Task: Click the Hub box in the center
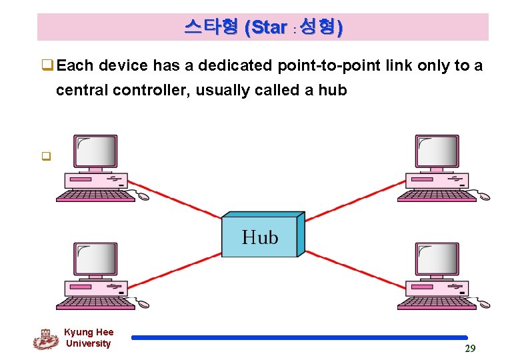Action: point(261,237)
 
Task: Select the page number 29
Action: point(469,348)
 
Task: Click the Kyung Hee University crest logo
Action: point(45,339)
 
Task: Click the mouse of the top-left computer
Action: point(143,196)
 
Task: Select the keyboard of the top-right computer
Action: point(430,197)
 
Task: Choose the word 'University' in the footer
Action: point(88,343)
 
